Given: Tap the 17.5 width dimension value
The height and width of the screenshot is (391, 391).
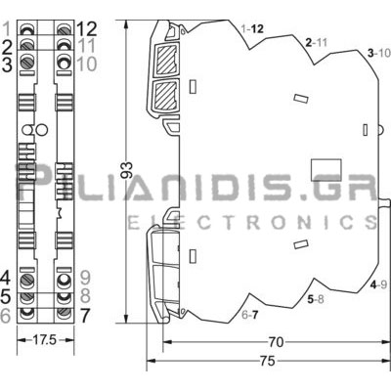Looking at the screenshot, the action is click(x=45, y=340).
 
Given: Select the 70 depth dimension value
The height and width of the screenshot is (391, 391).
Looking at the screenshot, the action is click(x=276, y=342).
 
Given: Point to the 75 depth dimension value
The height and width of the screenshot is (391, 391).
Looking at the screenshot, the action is click(x=268, y=361).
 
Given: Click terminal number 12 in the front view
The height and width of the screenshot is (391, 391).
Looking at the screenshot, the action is click(x=87, y=29).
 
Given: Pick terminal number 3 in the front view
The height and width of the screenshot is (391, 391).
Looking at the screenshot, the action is click(x=7, y=64).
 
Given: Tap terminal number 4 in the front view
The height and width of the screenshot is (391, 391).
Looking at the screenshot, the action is click(x=6, y=279).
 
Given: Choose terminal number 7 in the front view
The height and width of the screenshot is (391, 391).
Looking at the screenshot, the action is click(x=85, y=315).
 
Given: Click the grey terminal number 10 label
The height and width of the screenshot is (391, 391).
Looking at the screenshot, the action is click(x=87, y=64).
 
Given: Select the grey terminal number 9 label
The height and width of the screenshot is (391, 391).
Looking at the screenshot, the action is click(x=85, y=279).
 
